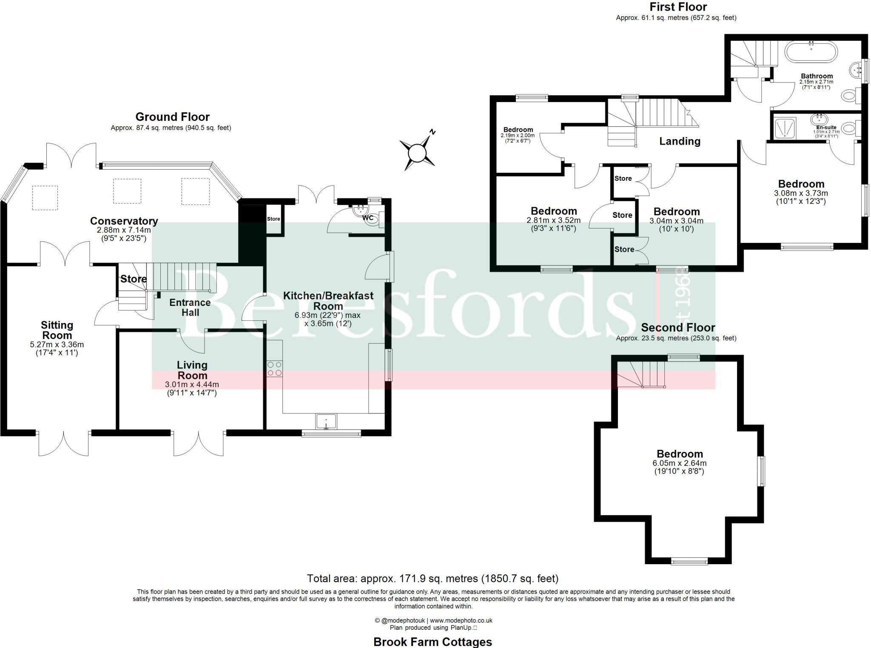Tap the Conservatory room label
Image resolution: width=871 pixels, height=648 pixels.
[124, 221]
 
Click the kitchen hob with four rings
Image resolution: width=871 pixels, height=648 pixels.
[274, 368]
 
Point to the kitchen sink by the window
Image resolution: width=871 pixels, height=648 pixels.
[326, 421]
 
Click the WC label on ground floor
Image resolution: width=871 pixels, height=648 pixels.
[367, 218]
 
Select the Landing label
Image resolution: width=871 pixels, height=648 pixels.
[680, 141]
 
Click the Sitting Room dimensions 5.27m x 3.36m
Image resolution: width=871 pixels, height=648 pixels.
[57, 345]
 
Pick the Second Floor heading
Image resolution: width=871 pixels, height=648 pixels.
[678, 328]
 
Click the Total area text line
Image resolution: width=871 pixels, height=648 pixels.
[433, 579]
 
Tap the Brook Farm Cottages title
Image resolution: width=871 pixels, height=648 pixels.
[433, 642]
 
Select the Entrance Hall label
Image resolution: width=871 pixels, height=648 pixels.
[190, 308]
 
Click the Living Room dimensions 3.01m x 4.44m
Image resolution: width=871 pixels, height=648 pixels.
[192, 385]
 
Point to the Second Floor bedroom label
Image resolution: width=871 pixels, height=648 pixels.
[680, 454]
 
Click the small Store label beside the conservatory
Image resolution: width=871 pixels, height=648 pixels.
[273, 219]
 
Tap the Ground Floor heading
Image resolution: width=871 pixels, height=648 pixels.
[172, 117]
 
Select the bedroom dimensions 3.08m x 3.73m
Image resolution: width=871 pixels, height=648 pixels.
[801, 193]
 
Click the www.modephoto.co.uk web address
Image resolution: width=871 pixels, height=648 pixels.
[461, 621]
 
